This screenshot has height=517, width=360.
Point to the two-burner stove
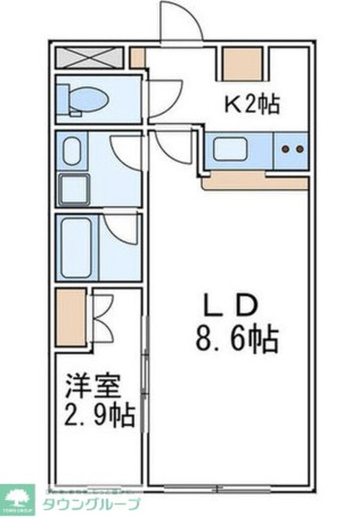(293, 149)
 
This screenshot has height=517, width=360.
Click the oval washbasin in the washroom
(72, 151)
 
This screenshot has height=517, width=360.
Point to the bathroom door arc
(121, 229)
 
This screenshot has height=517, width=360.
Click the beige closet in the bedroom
(71, 318)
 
